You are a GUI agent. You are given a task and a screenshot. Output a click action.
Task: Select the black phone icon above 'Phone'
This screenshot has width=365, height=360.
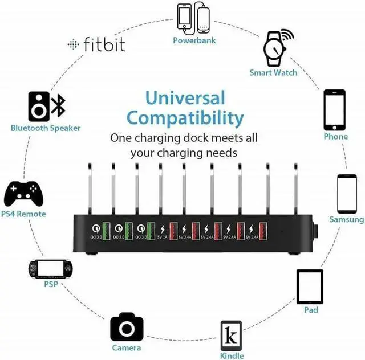tap(335, 110)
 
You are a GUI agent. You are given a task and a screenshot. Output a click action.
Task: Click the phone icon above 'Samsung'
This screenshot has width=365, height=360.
tap(346, 193)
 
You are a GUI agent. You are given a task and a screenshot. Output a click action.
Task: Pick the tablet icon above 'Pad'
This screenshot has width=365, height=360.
tap(310, 287)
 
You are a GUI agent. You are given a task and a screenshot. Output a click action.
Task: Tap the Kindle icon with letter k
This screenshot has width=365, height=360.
tap(231, 336)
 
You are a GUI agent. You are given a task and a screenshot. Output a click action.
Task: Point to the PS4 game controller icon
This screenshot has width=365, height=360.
tap(23, 194)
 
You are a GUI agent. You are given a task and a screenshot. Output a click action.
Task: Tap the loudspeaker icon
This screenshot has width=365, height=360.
tap(39, 107)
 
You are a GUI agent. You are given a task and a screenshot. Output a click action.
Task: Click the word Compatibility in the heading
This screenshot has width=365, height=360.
tap(185, 118)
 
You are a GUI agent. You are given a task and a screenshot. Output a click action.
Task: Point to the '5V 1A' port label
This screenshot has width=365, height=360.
tap(163, 237)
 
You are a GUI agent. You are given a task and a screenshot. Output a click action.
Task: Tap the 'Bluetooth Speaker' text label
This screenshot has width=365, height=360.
tap(46, 128)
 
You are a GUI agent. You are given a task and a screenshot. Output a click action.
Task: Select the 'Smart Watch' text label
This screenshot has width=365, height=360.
tap(273, 73)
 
